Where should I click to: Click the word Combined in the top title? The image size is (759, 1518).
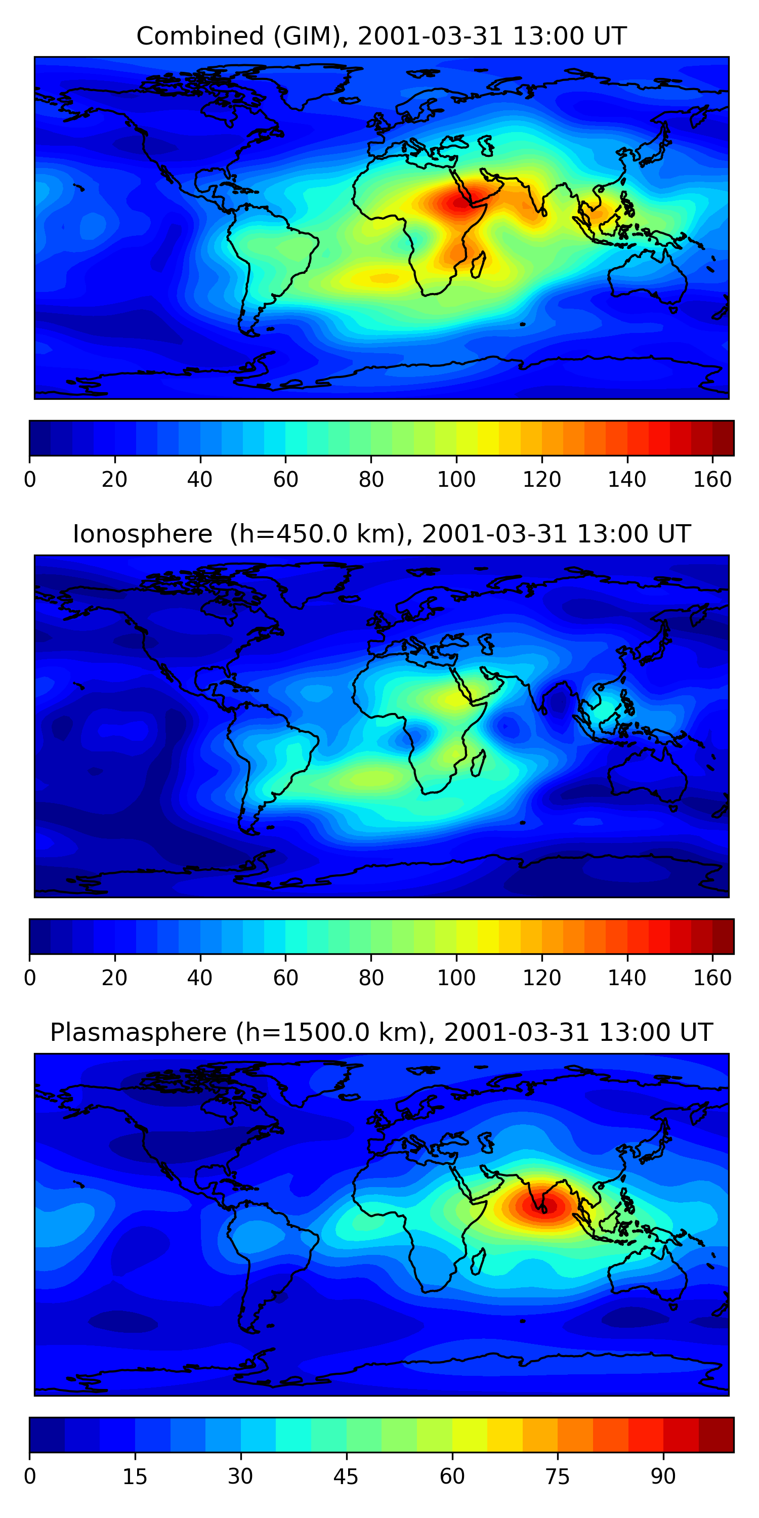click(x=200, y=36)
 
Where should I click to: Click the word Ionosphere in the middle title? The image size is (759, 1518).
click(x=142, y=534)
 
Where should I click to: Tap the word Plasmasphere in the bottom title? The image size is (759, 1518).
click(x=138, y=1032)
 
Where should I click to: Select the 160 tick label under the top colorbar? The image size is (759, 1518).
click(x=712, y=480)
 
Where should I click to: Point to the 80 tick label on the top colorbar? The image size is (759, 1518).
click(x=371, y=480)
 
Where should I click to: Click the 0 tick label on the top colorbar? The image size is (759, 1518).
click(x=29, y=480)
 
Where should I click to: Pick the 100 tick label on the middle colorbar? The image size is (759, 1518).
click(x=456, y=978)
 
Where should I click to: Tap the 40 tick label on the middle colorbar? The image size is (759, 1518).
click(x=200, y=978)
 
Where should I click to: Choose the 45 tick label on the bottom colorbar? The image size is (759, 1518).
click(x=346, y=1476)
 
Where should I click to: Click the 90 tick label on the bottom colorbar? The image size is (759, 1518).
click(x=663, y=1476)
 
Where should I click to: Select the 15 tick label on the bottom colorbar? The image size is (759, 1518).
click(x=135, y=1476)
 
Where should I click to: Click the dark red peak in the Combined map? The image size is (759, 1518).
click(x=459, y=203)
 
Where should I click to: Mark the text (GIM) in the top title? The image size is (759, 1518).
click(x=307, y=36)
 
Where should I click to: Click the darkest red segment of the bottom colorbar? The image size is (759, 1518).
click(x=716, y=1435)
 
